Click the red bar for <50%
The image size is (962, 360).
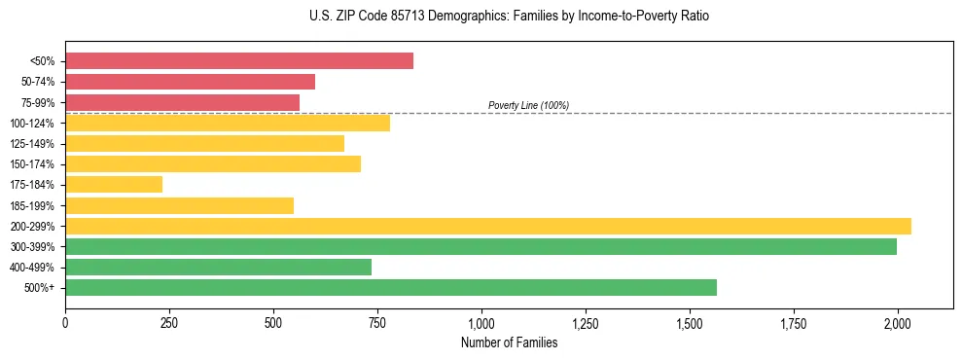click(x=239, y=61)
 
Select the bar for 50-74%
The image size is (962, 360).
click(x=190, y=82)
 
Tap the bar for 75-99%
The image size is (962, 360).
click(x=182, y=102)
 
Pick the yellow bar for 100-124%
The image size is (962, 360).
click(x=228, y=123)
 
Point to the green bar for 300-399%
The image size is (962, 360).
click(x=481, y=246)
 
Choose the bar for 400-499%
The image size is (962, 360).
click(x=218, y=267)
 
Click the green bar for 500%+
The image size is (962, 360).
click(x=391, y=287)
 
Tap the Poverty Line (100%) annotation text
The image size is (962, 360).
click(x=528, y=105)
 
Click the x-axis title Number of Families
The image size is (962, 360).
click(x=509, y=342)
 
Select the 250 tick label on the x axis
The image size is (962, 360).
click(x=169, y=322)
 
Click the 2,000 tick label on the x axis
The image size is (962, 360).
click(x=898, y=322)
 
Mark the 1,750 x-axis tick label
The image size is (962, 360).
click(x=794, y=322)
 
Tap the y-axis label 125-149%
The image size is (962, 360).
click(x=32, y=144)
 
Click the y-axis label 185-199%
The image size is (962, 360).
click(x=32, y=205)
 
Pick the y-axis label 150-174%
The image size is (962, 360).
click(x=32, y=164)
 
